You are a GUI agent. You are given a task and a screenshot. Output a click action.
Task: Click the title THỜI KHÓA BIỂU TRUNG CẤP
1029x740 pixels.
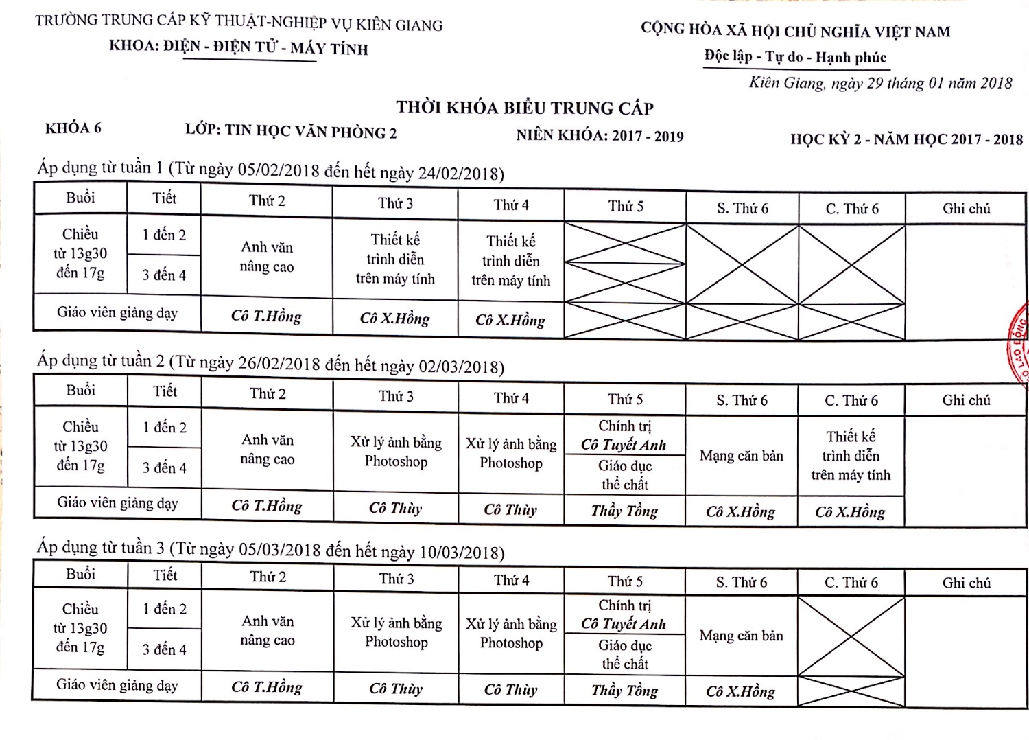525,108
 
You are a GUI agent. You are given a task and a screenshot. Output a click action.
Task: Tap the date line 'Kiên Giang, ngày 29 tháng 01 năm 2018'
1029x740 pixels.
880,83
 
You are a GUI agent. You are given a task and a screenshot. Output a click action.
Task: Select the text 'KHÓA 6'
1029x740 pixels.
73,128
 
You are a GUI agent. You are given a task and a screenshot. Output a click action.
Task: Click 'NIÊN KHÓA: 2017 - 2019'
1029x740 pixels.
600,135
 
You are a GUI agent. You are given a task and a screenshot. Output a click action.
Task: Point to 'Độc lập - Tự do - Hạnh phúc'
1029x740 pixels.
795,57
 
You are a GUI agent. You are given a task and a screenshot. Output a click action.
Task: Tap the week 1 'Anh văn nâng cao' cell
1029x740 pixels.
267,257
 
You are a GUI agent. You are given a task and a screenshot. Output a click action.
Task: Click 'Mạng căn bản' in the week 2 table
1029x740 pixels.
741,455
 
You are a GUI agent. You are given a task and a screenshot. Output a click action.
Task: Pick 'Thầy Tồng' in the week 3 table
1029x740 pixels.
624,691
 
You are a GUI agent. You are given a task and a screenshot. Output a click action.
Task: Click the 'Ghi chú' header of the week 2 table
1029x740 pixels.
966,400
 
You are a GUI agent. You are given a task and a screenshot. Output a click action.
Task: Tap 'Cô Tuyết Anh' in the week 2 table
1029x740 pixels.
624,445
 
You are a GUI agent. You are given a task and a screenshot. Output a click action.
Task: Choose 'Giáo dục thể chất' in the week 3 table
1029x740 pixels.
624,654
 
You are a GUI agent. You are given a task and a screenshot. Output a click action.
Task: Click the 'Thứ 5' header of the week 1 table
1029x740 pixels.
625,206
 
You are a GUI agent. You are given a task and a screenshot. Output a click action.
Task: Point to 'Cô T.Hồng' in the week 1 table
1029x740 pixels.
266,316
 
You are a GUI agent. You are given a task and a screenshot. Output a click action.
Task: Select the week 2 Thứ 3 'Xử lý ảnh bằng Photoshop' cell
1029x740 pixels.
396,452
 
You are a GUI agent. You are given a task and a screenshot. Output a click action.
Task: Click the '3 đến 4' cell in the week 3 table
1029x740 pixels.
164,649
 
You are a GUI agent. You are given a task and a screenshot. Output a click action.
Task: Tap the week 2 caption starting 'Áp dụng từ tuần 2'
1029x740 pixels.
270,362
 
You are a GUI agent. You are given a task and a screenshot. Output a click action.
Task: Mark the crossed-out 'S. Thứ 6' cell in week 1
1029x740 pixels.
742,281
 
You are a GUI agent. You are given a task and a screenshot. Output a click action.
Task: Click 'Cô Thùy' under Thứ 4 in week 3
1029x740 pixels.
510,690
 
